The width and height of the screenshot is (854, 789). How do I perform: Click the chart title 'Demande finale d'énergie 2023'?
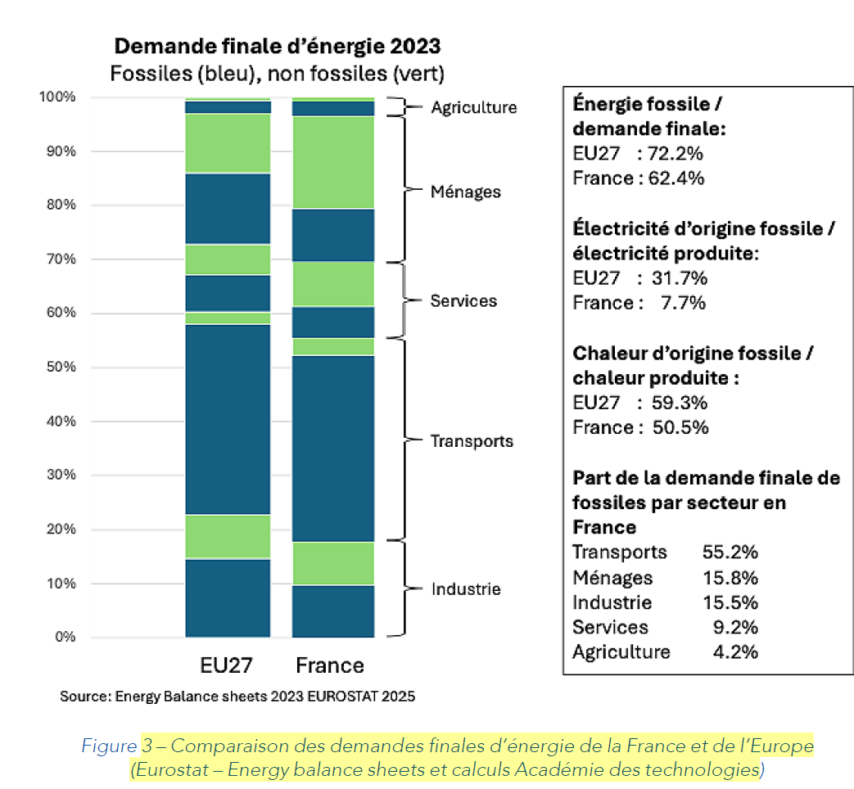[277, 45]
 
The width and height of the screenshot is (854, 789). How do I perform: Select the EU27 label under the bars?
[228, 664]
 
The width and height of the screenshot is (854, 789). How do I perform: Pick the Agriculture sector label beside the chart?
[474, 107]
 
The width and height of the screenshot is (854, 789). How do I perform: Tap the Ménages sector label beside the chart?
[465, 192]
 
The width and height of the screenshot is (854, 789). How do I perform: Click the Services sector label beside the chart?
[463, 301]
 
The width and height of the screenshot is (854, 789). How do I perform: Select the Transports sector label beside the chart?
[472, 441]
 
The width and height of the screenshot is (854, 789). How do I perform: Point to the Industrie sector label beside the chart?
[466, 589]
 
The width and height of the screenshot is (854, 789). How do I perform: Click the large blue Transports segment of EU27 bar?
[228, 419]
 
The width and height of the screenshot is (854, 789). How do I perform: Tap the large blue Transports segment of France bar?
[333, 448]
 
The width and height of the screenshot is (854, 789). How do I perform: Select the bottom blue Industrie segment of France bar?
[333, 611]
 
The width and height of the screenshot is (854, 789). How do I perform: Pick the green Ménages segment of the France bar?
[333, 162]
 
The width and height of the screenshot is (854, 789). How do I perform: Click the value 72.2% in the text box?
[676, 153]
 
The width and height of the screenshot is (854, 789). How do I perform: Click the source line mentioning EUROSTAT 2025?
[237, 697]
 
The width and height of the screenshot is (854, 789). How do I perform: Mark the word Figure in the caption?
[109, 746]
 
